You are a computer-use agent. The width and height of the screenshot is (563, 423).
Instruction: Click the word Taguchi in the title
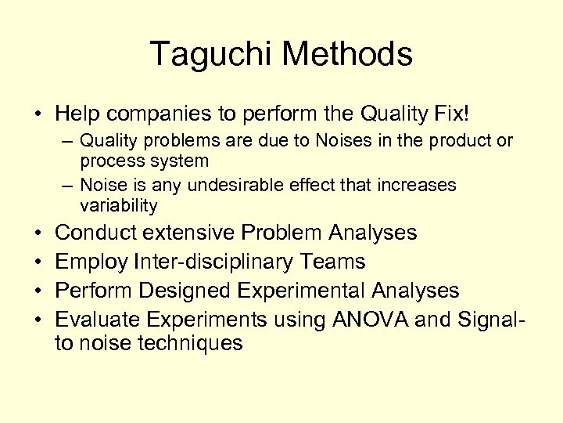tap(210, 55)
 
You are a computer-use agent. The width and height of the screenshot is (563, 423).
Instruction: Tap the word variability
tap(118, 206)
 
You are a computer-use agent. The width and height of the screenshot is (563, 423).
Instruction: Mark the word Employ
tap(92, 261)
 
